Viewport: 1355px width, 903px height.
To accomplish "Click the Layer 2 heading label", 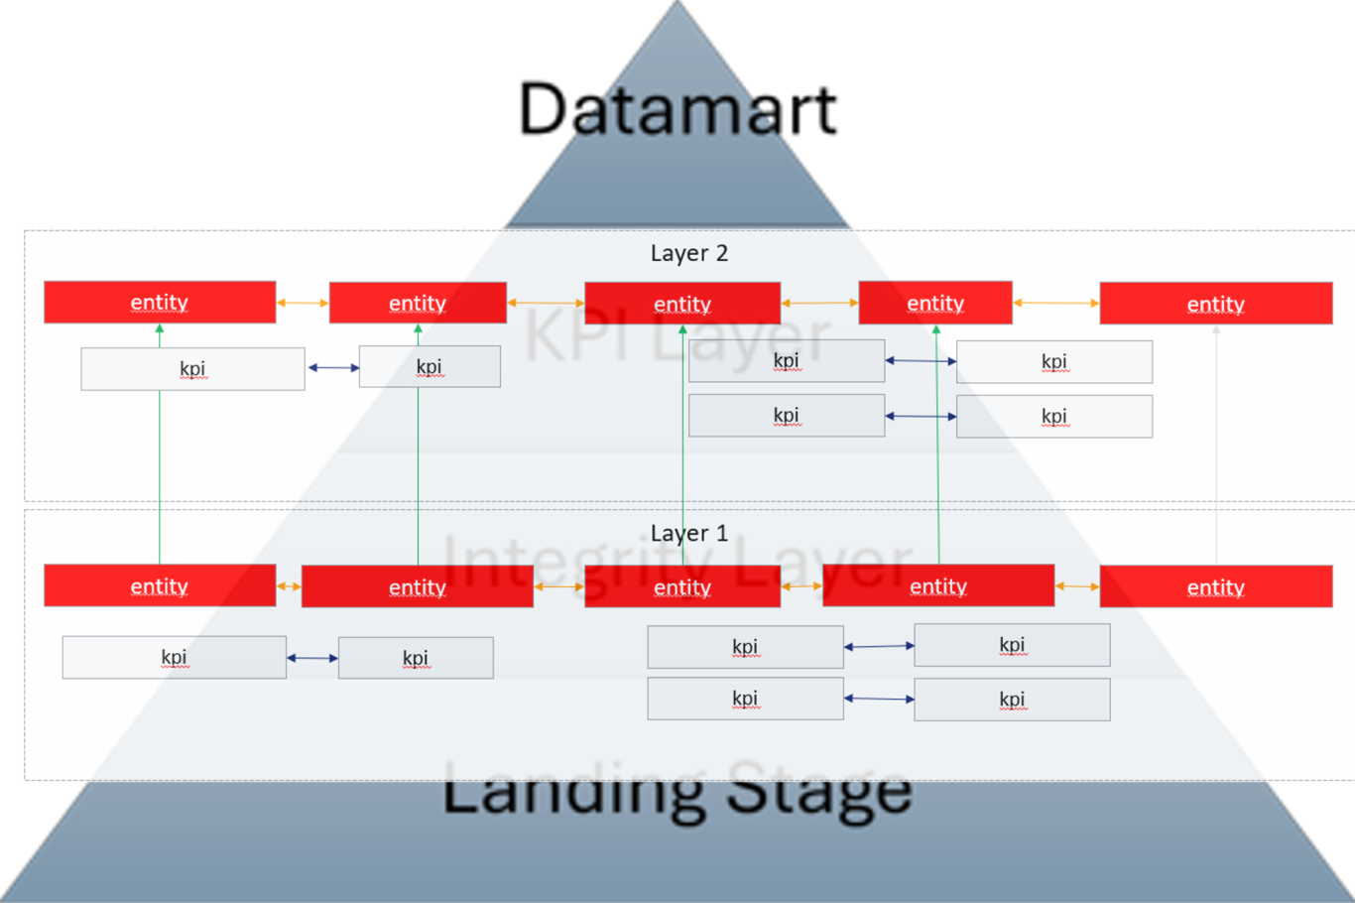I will [689, 253].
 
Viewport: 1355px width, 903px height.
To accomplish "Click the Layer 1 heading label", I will [689, 533].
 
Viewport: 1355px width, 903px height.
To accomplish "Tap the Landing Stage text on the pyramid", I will [677, 791].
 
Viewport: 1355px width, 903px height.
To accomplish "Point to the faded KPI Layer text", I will [677, 335].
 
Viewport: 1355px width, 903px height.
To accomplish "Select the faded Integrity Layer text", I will [677, 562].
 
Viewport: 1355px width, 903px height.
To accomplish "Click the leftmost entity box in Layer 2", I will [160, 302].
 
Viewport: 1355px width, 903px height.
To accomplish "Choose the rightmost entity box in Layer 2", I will [1215, 304].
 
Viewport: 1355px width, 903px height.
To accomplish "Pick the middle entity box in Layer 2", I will [682, 304].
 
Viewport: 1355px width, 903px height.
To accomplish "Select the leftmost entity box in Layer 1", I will [160, 585].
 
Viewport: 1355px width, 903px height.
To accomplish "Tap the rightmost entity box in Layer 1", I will [1215, 586].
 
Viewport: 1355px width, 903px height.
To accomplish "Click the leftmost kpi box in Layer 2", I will [192, 368].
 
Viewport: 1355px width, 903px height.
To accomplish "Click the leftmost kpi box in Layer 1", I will [174, 657].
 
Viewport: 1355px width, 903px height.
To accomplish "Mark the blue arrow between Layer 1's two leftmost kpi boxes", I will [312, 658].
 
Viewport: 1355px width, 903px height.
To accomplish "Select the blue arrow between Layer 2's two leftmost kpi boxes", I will [333, 367].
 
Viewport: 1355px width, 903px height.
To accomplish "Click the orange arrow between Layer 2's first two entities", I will [303, 303].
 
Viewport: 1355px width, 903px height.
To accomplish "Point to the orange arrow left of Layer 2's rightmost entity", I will [1056, 303].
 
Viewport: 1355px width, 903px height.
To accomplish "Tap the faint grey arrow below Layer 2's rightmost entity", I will [1216, 447].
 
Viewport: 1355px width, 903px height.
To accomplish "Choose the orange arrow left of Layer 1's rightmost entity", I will [1077, 586].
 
